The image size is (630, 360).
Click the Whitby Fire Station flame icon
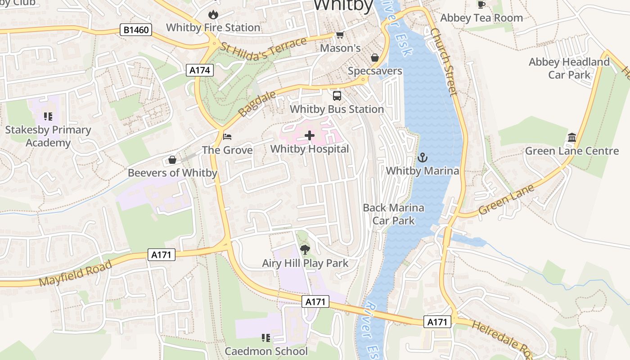coord(213,14)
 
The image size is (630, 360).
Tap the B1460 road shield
coord(136,30)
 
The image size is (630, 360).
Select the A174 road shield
coord(200,70)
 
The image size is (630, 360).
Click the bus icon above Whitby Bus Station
coord(337,95)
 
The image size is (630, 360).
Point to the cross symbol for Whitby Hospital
coord(310,135)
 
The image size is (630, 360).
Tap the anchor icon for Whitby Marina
coord(422,157)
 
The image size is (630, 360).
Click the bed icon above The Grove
coord(228,136)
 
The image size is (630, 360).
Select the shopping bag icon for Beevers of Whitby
coord(172,160)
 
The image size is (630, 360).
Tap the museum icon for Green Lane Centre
coord(571,137)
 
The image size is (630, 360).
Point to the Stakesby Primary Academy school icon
coord(48,117)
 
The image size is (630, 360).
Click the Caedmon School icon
coord(266,337)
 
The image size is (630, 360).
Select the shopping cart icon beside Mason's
coord(340,35)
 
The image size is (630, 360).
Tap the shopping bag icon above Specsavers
coord(374,58)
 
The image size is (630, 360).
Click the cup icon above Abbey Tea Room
coord(481,4)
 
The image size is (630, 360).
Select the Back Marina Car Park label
coord(393,214)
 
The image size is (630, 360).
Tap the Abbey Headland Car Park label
coord(569,68)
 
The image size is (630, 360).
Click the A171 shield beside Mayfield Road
coord(161,255)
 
